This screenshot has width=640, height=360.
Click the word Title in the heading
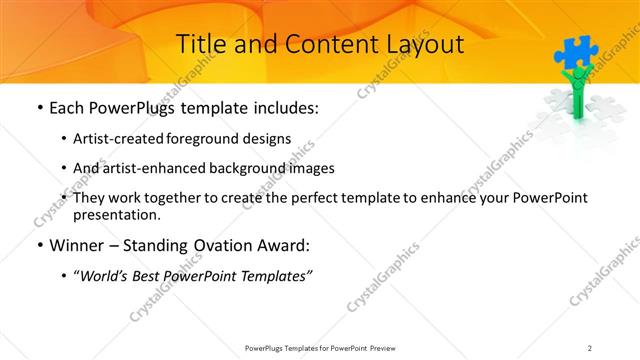[x=198, y=44]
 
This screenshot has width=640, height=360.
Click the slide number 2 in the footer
[x=590, y=347]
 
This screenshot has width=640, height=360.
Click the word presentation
[x=116, y=214]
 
